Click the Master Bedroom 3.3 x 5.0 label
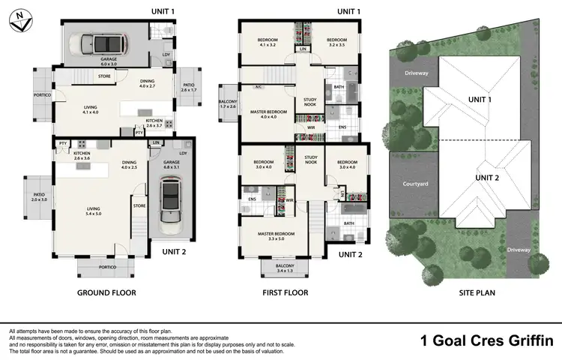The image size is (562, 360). pos(274,236)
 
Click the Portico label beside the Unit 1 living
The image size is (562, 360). pos(43,95)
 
